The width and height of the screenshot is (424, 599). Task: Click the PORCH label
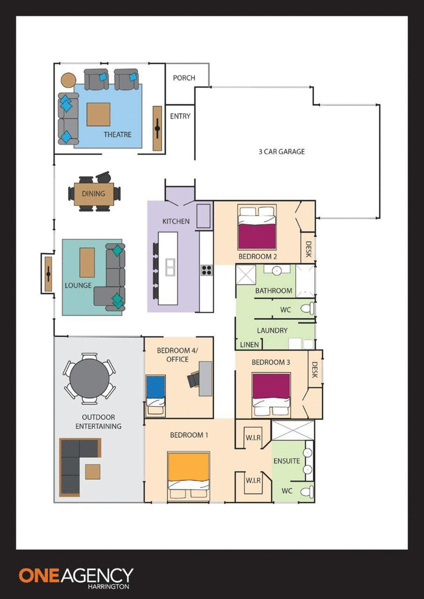pyautogui.click(x=184, y=78)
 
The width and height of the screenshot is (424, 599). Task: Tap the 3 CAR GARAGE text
pyautogui.click(x=282, y=151)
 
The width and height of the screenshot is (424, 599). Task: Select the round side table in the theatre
pyautogui.click(x=69, y=80)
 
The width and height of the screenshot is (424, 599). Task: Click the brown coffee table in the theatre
pyautogui.click(x=98, y=114)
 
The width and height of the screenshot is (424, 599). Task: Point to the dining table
pyautogui.click(x=94, y=194)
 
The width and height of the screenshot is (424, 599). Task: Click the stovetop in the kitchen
pyautogui.click(x=207, y=270)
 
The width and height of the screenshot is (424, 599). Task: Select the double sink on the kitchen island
pyautogui.click(x=170, y=267)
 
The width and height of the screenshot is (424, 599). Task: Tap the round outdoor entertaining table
pyautogui.click(x=89, y=378)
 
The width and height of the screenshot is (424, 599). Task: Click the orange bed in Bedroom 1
pyautogui.click(x=189, y=475)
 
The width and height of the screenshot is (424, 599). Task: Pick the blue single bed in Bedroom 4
pyautogui.click(x=156, y=395)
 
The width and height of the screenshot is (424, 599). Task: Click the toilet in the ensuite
pyautogui.click(x=307, y=492)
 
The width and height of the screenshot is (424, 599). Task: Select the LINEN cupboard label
pyautogui.click(x=249, y=345)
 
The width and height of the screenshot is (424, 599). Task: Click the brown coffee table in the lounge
pyautogui.click(x=87, y=263)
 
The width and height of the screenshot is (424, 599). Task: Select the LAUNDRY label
pyautogui.click(x=272, y=330)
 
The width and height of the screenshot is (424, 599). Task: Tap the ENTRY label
pyautogui.click(x=180, y=116)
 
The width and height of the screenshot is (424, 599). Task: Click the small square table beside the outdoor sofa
pyautogui.click(x=93, y=471)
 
